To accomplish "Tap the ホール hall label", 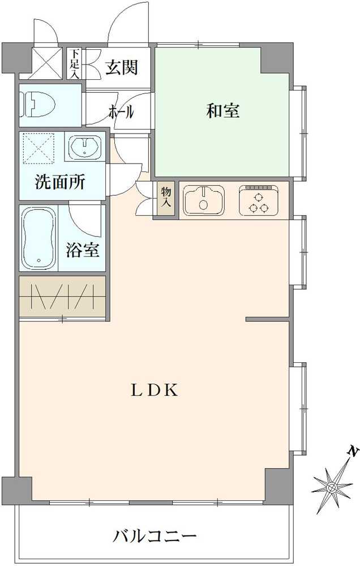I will pyautogui.click(x=121, y=112).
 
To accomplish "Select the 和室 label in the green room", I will pyautogui.click(x=222, y=111).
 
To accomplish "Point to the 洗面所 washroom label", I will pyautogui.click(x=60, y=182).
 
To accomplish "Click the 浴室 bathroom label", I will pyautogui.click(x=83, y=250).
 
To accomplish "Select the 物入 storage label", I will pyautogui.click(x=166, y=199).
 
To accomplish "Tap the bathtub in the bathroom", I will pyautogui.click(x=39, y=238).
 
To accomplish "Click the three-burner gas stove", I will pyautogui.click(x=259, y=200).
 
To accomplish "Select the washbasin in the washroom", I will pyautogui.click(x=85, y=147).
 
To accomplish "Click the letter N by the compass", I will pyautogui.click(x=353, y=451).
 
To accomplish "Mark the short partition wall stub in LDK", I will pyautogui.click(x=268, y=320).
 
